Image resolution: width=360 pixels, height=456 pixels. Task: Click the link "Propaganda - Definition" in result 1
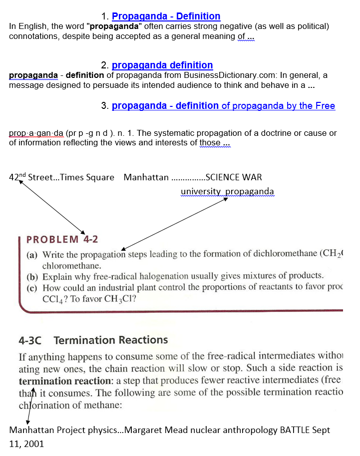coord(166,16)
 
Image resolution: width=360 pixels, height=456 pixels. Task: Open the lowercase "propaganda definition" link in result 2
coord(162,65)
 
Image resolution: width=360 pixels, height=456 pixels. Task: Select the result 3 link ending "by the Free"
coord(223,106)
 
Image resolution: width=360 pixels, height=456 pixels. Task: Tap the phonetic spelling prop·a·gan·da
coord(36,133)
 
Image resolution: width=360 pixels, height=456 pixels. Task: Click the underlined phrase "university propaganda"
coord(227,191)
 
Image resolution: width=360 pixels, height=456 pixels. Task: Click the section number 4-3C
coord(29,341)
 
